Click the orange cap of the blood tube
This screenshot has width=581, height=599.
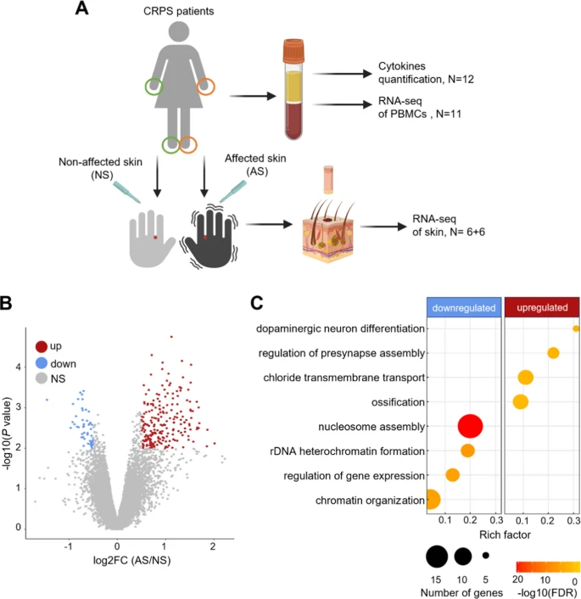[293, 51]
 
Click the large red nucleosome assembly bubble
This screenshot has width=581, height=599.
[470, 426]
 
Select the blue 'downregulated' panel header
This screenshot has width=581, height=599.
[464, 307]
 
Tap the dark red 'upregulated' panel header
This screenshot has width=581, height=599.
[542, 307]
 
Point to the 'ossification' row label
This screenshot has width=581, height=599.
[398, 402]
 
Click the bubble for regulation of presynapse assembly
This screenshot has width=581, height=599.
[553, 353]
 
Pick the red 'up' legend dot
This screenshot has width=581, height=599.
[42, 346]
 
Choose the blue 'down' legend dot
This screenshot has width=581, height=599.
[42, 363]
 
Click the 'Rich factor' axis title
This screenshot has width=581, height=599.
[505, 535]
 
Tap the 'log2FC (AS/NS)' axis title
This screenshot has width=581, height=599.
[131, 561]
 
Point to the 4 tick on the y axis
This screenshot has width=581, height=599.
[18, 367]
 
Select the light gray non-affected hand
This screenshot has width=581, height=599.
[150, 238]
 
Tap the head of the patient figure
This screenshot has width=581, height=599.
[179, 31]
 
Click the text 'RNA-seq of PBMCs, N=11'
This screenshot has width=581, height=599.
[419, 108]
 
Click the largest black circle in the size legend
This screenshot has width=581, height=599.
[437, 557]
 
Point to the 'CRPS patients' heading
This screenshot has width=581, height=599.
[178, 11]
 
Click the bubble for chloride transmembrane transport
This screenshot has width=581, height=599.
[526, 378]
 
